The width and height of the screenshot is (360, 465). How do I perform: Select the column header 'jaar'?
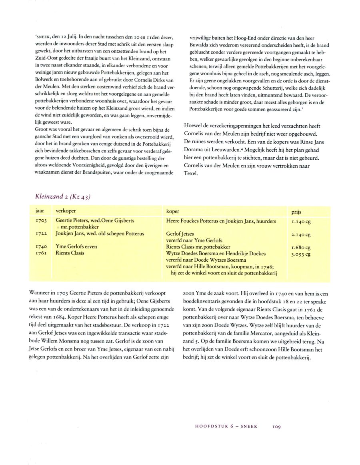[40, 210]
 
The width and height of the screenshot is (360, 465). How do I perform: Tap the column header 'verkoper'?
[66, 210]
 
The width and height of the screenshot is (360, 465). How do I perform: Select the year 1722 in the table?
[41, 234]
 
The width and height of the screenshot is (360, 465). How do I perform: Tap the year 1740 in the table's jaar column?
[41, 247]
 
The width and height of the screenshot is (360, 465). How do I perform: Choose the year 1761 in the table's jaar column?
[41, 253]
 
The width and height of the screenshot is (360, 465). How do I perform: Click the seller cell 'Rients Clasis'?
[70, 253]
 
